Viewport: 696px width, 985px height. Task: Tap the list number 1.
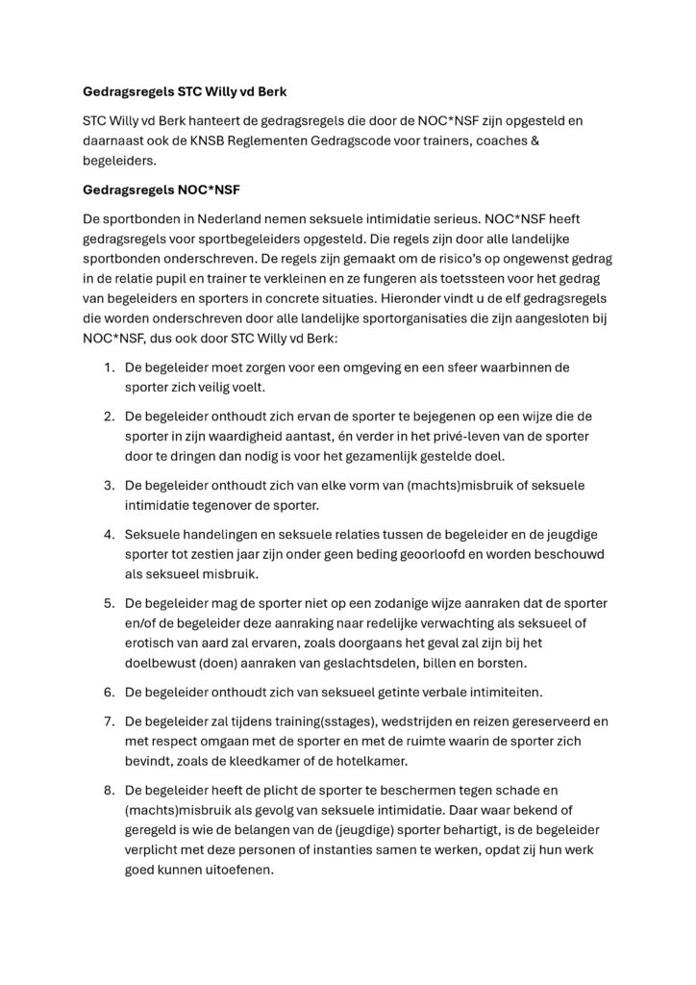109,368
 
